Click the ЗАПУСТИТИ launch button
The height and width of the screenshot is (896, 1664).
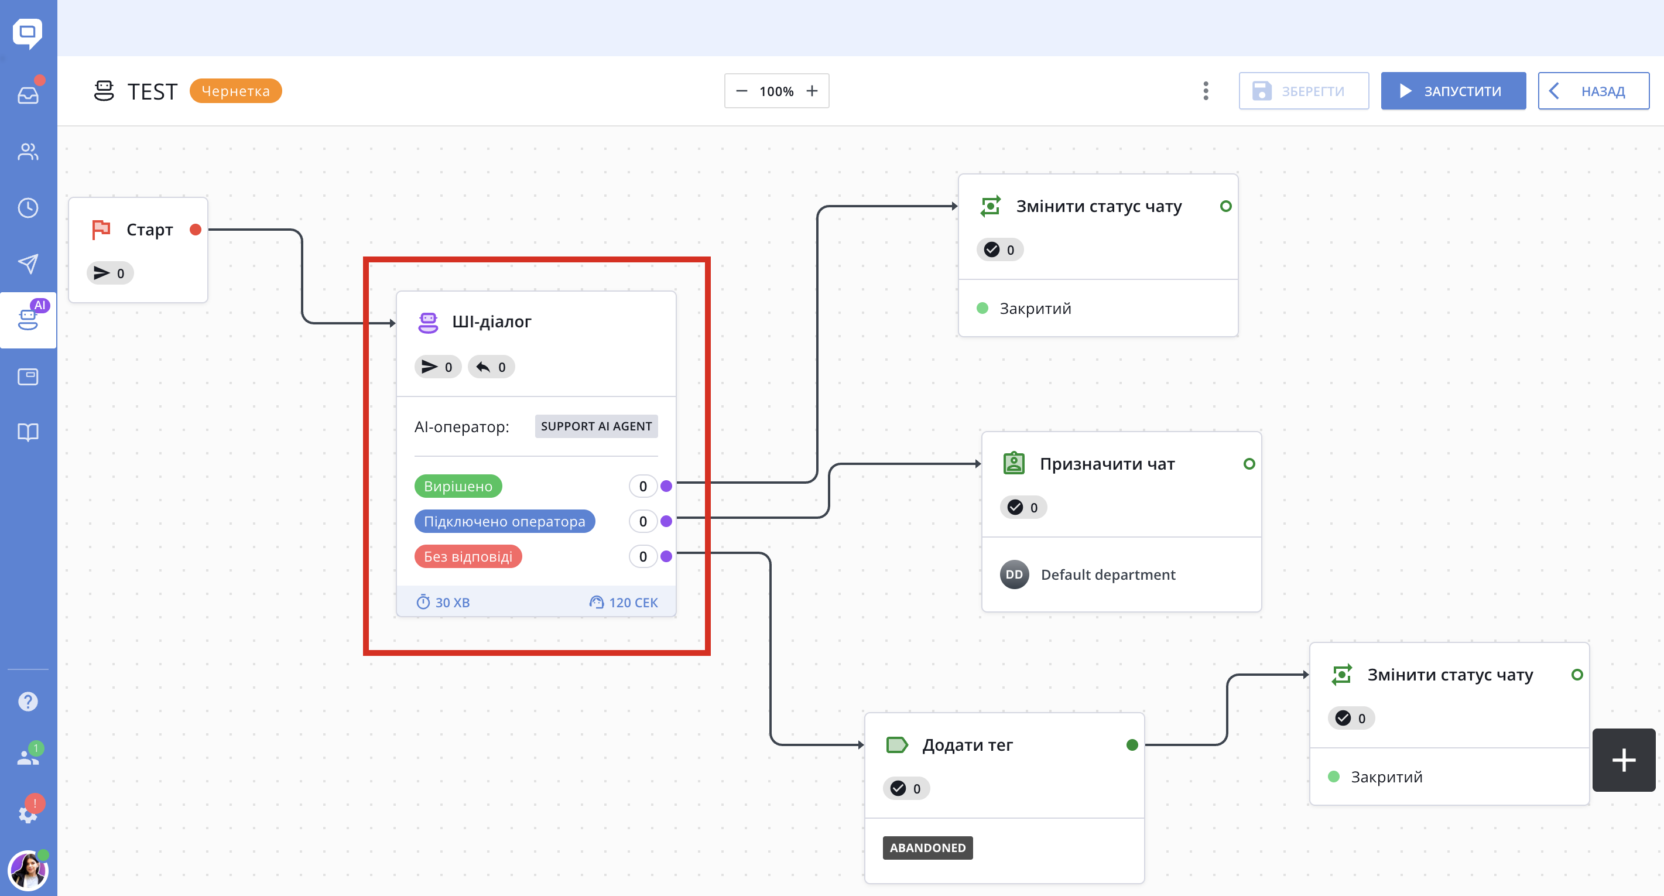(x=1453, y=91)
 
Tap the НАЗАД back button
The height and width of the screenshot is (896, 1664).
(x=1593, y=91)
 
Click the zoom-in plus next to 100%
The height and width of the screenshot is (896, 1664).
(x=812, y=91)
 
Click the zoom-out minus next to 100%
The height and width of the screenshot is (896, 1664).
(x=742, y=91)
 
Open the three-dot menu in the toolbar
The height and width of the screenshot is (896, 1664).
(x=1206, y=91)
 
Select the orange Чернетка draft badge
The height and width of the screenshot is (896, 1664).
(x=236, y=91)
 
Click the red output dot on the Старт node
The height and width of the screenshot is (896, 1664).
(x=196, y=230)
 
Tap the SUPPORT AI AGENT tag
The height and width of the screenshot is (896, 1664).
(x=596, y=426)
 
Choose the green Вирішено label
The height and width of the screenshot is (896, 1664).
(x=458, y=487)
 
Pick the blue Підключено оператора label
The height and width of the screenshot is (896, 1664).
(x=505, y=521)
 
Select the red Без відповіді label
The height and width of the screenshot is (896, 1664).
(x=468, y=556)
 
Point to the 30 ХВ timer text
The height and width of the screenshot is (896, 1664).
(x=452, y=603)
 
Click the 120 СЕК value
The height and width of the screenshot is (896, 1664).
(x=633, y=603)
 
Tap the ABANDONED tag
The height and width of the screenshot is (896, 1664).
(x=927, y=847)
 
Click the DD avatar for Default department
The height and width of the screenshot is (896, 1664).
(x=1014, y=574)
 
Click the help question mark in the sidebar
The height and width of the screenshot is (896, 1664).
(x=28, y=702)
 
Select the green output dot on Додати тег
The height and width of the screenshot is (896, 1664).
(x=1132, y=745)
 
